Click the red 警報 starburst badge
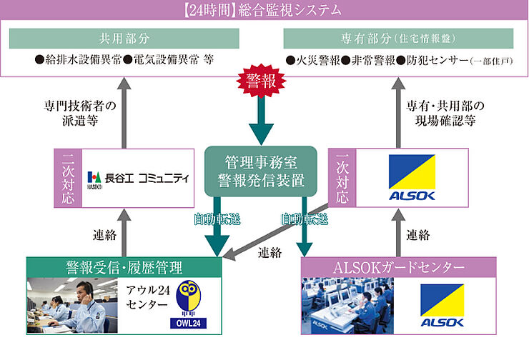tap(263, 81)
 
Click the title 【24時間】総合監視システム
tap(263, 11)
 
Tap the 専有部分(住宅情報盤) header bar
tap(399, 38)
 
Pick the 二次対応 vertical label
tap(67, 177)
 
